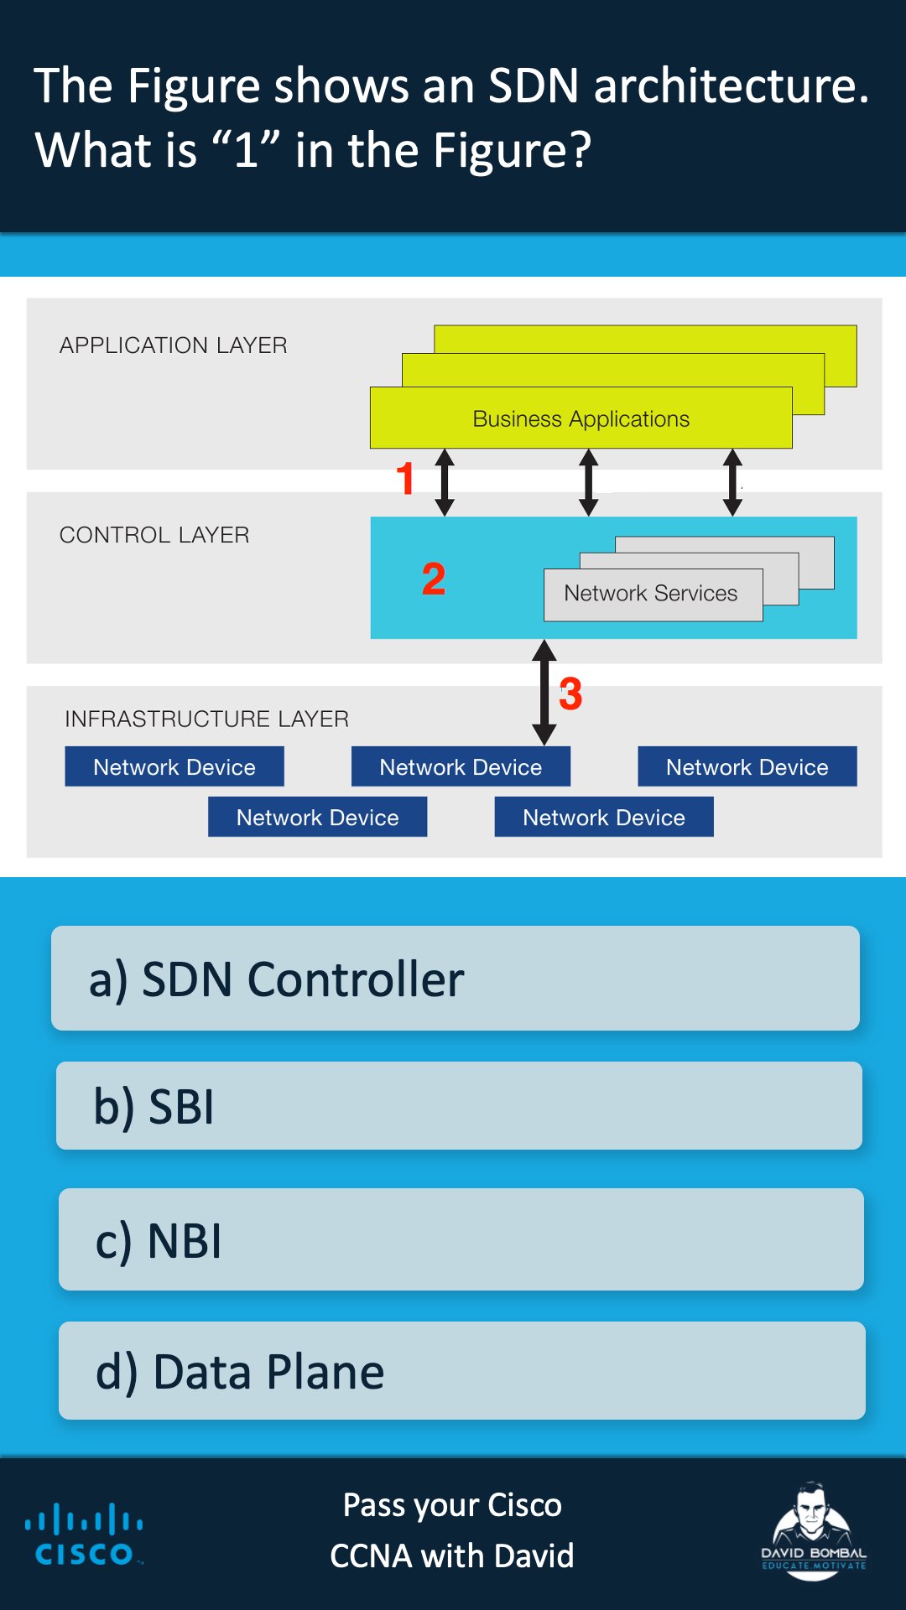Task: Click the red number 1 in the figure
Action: (405, 479)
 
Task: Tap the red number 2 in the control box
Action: (434, 579)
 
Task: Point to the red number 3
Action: (570, 694)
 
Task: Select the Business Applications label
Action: (581, 418)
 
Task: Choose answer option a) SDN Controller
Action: (455, 978)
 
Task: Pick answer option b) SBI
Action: (458, 1105)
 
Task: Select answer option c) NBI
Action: (461, 1239)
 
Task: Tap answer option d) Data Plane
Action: (461, 1370)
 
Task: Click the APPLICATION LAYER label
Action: (174, 345)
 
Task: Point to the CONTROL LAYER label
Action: (154, 535)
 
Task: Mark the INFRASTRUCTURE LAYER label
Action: (206, 719)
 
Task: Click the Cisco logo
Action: (84, 1535)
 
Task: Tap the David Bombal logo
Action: (812, 1531)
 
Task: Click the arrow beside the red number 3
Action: (544, 693)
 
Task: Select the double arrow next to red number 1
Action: (445, 482)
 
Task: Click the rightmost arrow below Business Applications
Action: (732, 482)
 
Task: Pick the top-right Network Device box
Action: (747, 766)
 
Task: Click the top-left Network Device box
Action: (174, 766)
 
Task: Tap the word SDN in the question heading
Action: (534, 86)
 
